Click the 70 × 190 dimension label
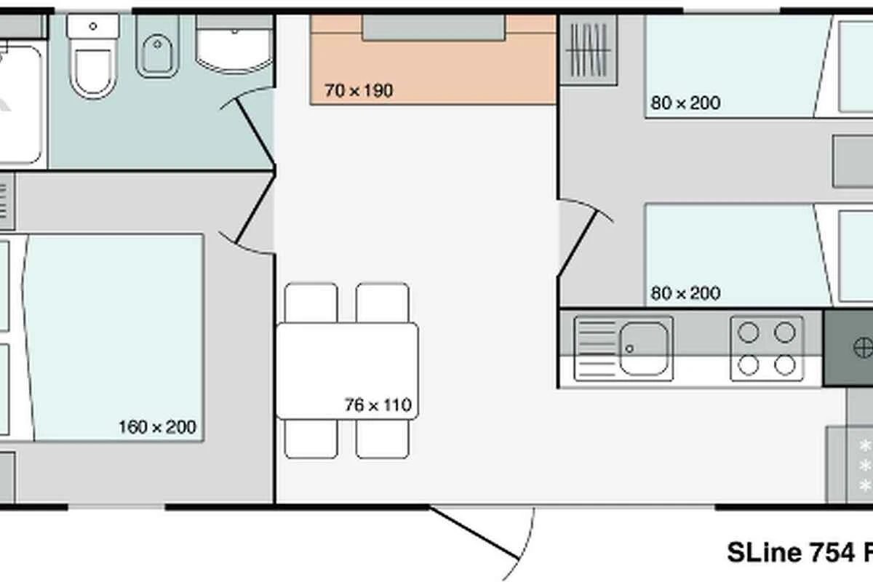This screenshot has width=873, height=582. [359, 90]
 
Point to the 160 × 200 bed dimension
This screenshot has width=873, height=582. [157, 427]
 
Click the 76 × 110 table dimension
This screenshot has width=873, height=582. [378, 405]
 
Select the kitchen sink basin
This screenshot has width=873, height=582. [644, 348]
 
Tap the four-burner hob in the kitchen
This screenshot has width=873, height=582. [767, 348]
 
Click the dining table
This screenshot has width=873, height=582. [347, 371]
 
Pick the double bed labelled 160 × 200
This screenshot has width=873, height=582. [113, 338]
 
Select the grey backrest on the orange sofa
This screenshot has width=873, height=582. [434, 28]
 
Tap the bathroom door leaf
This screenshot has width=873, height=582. [255, 132]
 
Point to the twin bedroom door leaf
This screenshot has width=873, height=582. [577, 243]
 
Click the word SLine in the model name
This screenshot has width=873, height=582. [765, 552]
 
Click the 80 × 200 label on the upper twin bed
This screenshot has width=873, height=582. [685, 103]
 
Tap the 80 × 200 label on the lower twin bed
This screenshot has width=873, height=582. [685, 293]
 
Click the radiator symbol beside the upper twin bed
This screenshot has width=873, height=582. [589, 50]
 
